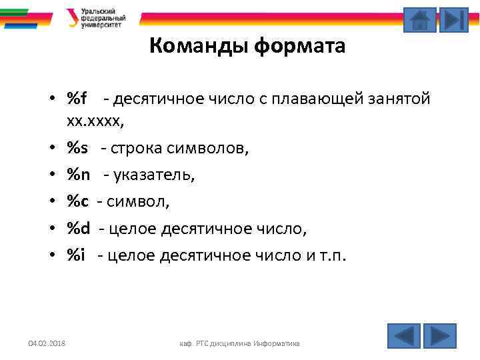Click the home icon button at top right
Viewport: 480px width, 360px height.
(x=420, y=20)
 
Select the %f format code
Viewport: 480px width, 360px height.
(x=77, y=99)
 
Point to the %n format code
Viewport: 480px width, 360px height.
(x=79, y=175)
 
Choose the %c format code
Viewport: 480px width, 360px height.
(x=77, y=201)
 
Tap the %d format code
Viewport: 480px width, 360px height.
(x=79, y=229)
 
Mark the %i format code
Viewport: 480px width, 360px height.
(x=76, y=255)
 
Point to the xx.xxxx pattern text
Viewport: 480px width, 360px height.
(x=95, y=122)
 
